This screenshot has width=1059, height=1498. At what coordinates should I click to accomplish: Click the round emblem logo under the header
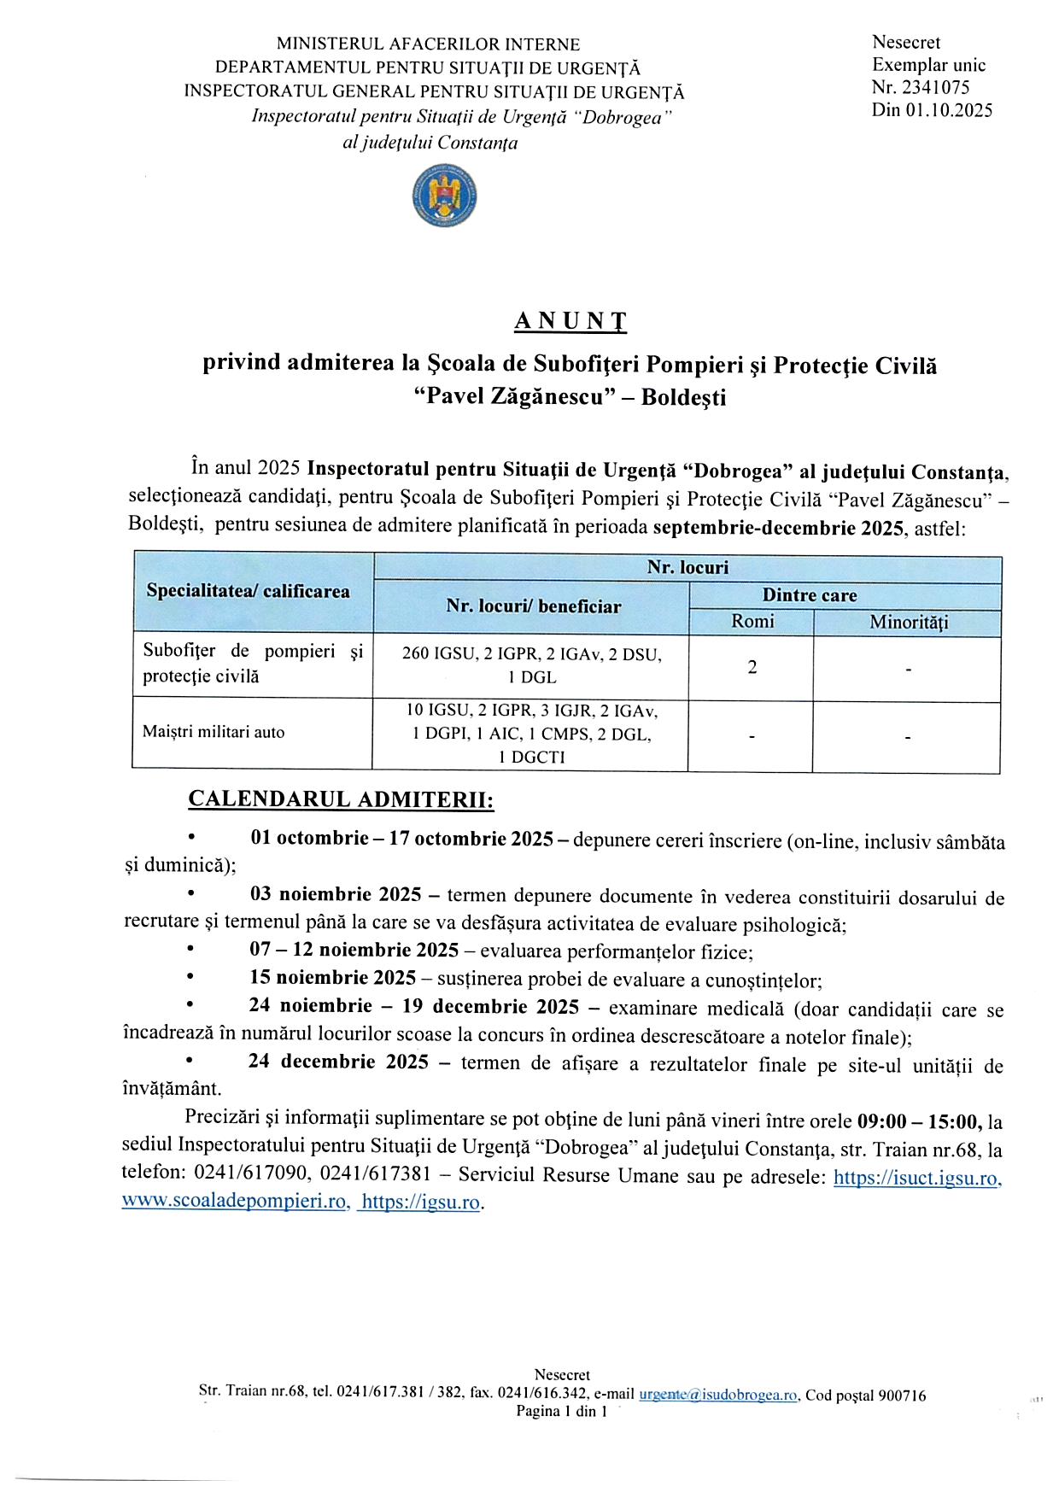442,196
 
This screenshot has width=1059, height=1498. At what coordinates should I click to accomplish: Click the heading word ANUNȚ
570,321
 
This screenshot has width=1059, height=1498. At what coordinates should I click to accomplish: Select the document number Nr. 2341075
921,87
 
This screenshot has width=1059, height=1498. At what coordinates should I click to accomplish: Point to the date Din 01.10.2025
932,109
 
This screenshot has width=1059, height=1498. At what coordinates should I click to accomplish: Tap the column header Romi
752,622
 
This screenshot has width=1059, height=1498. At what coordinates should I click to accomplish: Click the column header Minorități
908,623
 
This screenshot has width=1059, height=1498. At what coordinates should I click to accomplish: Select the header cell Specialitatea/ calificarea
248,591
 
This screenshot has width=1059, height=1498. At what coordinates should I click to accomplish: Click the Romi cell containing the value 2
752,667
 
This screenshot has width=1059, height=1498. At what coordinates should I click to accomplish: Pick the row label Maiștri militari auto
214,732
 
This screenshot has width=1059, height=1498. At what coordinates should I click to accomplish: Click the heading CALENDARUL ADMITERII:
341,799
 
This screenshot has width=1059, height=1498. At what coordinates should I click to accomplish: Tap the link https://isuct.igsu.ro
916,1178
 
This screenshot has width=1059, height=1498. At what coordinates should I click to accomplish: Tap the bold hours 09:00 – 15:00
919,1121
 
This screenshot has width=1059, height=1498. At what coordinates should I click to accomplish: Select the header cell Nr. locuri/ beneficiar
533,606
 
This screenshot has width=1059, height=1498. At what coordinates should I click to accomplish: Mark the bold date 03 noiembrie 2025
336,895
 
